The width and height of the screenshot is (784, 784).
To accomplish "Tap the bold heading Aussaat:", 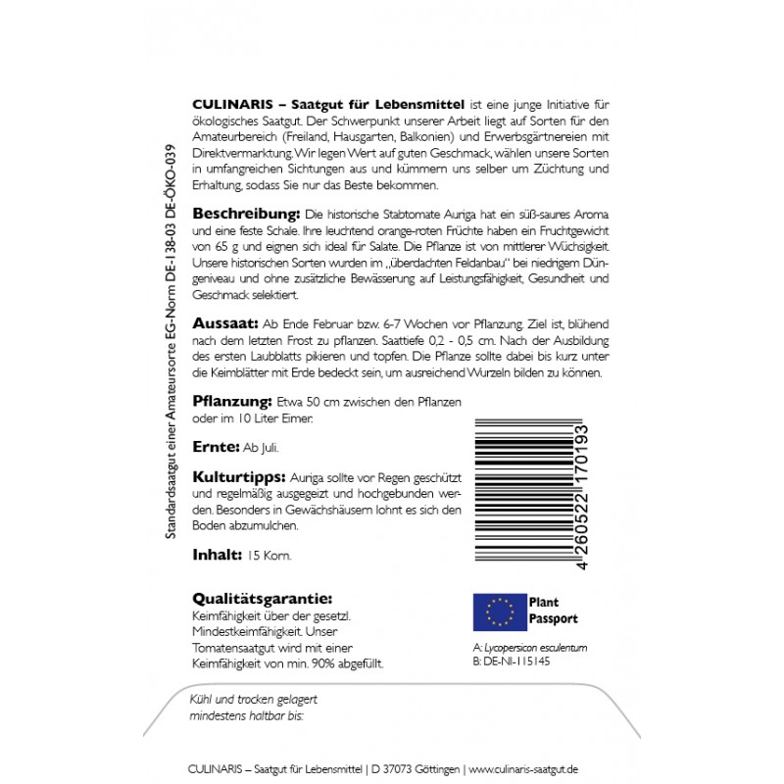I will click(x=223, y=323).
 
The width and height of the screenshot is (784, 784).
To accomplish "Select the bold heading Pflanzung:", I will click(x=231, y=403).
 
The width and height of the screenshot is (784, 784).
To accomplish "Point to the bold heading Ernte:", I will click(x=215, y=447).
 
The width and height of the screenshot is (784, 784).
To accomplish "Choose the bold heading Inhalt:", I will click(x=217, y=555).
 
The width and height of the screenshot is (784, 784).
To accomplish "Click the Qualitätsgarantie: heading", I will click(x=262, y=599).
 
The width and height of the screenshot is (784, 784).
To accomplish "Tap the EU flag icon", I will click(x=499, y=611).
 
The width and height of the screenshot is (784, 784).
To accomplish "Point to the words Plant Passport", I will click(x=553, y=611).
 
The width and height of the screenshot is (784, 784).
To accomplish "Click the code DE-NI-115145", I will click(x=517, y=661).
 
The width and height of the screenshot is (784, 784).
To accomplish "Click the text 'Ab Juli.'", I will click(x=261, y=448).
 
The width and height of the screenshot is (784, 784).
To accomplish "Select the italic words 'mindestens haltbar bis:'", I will click(x=246, y=716).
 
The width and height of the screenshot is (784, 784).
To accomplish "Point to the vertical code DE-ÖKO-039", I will click(x=173, y=192).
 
